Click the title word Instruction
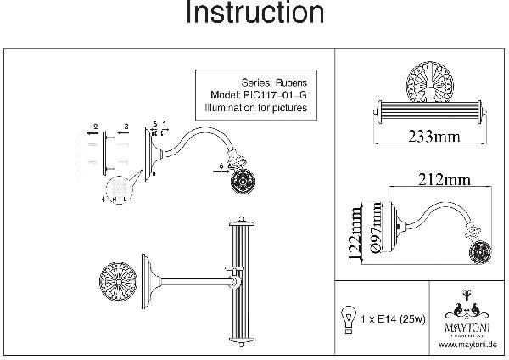[x=254, y=14]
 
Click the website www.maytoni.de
[x=467, y=346]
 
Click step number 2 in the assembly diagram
[x=95, y=126]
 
